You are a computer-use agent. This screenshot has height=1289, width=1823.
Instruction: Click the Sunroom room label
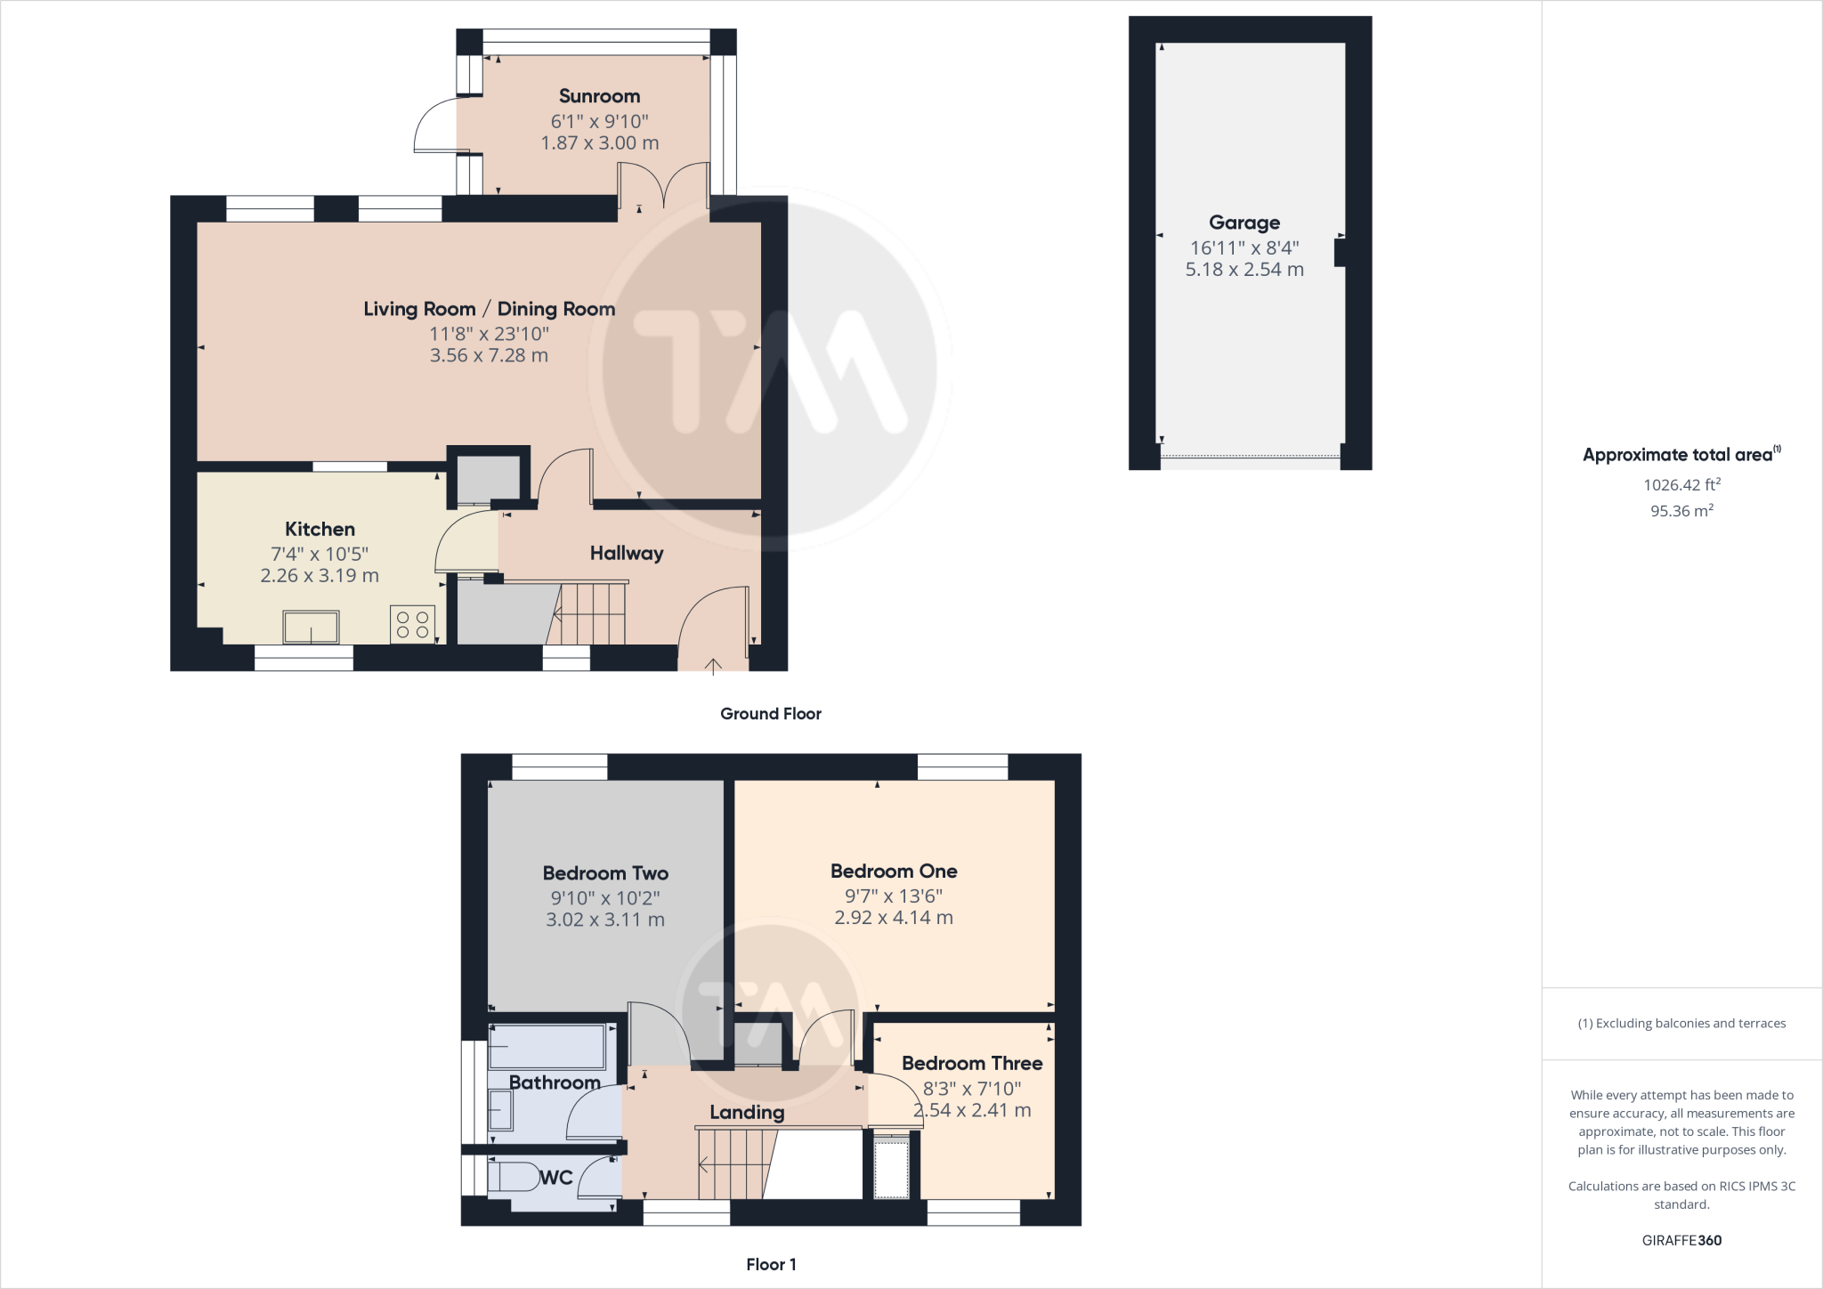point(599,96)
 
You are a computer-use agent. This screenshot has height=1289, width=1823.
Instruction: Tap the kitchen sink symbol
point(311,627)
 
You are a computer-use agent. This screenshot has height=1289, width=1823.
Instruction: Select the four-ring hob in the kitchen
point(412,623)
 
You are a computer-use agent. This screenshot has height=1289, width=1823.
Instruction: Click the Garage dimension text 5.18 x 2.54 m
point(1244,270)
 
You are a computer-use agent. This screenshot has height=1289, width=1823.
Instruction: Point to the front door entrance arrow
point(713,666)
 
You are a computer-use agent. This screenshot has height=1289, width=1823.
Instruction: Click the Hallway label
point(627,553)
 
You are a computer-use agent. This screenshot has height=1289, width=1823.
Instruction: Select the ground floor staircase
point(589,613)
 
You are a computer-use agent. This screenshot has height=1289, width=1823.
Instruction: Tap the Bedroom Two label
point(605,873)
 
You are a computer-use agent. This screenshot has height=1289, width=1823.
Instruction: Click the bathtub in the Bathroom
point(547,1047)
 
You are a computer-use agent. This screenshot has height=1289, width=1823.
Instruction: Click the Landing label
point(747,1112)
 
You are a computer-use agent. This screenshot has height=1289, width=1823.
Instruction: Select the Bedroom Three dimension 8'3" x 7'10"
point(971,1088)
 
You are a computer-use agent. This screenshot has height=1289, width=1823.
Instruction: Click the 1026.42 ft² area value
point(1681,484)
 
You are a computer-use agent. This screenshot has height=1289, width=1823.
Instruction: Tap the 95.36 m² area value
point(1681,511)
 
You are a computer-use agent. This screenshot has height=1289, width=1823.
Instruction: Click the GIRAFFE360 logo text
point(1681,1240)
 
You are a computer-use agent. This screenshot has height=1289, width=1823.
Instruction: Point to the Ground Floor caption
point(770,713)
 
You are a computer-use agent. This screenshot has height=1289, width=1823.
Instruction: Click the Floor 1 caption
point(770,1264)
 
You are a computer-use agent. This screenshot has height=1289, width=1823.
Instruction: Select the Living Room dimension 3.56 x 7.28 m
point(489,355)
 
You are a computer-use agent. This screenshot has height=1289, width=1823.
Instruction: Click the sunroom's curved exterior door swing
point(433,126)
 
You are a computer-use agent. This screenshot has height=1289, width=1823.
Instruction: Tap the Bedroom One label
point(893,871)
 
